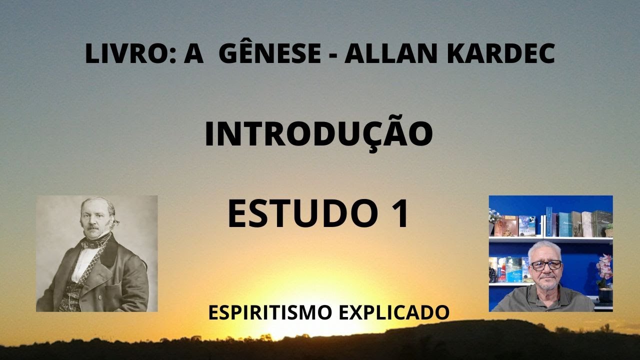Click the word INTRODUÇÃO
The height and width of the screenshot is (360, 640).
coord(318,134)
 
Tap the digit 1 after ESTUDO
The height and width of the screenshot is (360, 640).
coord(398,214)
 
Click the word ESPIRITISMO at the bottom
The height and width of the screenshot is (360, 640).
coord(269,312)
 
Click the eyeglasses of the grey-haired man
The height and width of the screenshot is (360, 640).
coord(546,265)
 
